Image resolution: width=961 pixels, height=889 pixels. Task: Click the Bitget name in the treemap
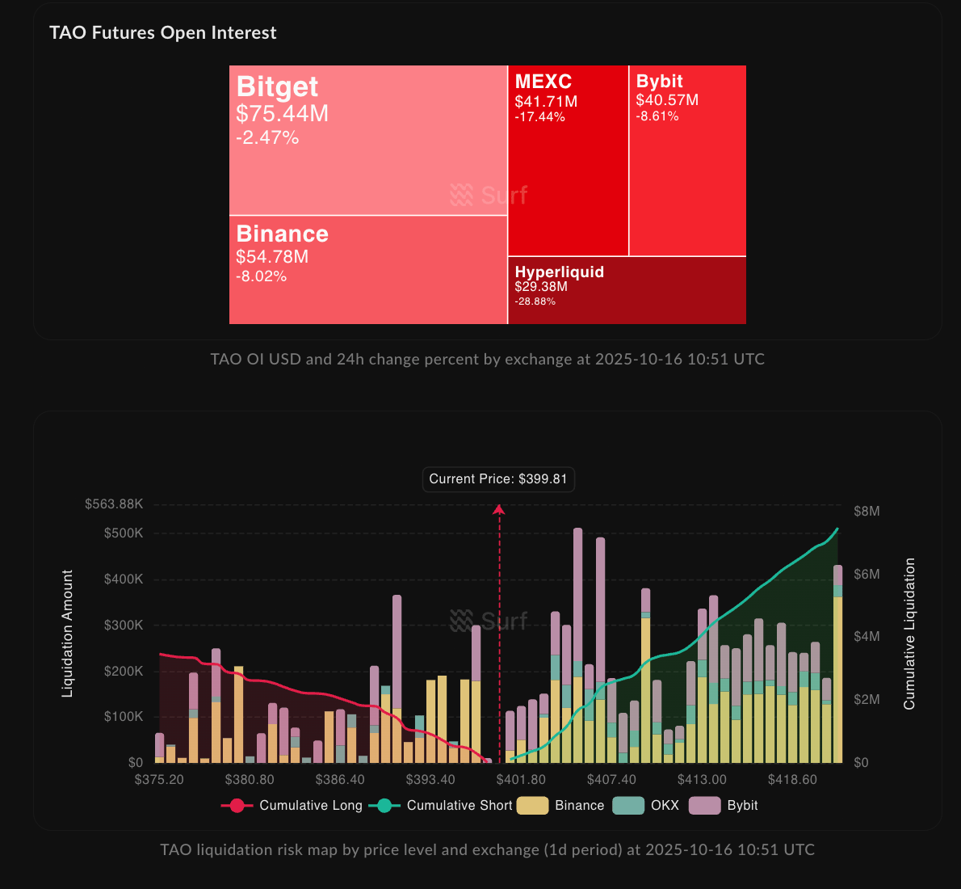click(x=277, y=86)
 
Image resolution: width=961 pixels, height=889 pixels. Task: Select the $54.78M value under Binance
click(x=272, y=257)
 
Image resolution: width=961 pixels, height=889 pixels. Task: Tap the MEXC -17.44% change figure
click(x=539, y=117)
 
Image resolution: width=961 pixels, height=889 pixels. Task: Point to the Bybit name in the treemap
click(x=659, y=81)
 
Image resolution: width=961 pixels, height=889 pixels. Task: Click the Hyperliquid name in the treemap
click(x=559, y=272)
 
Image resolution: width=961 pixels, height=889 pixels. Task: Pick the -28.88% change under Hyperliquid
click(x=535, y=301)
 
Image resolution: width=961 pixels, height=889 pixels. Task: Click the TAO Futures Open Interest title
click(x=162, y=33)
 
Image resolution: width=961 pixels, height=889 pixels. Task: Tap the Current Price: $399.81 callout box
click(x=498, y=479)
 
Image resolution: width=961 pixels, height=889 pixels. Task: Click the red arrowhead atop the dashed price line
click(x=499, y=508)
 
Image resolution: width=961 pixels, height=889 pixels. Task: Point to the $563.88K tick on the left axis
click(x=114, y=504)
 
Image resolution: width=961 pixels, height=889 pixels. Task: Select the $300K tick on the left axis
click(x=124, y=626)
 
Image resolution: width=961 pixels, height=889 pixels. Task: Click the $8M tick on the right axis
click(x=867, y=512)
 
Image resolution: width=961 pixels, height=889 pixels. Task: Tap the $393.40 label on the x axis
click(x=430, y=780)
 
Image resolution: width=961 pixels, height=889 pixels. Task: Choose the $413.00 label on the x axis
click(x=702, y=780)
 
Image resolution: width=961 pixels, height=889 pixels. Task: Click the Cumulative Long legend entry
click(x=292, y=806)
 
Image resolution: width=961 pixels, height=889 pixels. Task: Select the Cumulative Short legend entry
click(x=441, y=806)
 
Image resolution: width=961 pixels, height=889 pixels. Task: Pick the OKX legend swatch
click(x=628, y=806)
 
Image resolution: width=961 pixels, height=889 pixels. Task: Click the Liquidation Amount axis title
click(x=68, y=634)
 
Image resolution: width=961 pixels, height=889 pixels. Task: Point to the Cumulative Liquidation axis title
click(x=909, y=634)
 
